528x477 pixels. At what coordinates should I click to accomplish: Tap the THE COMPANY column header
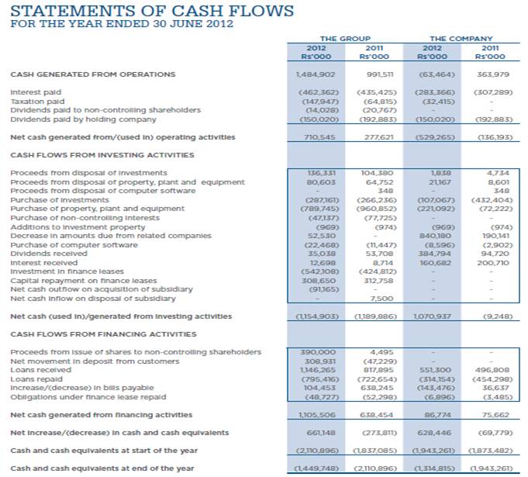pyautogui.click(x=460, y=38)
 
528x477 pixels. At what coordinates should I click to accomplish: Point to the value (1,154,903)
pyautogui.click(x=304, y=316)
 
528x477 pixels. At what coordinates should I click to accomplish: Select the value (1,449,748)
pyautogui.click(x=304, y=469)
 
